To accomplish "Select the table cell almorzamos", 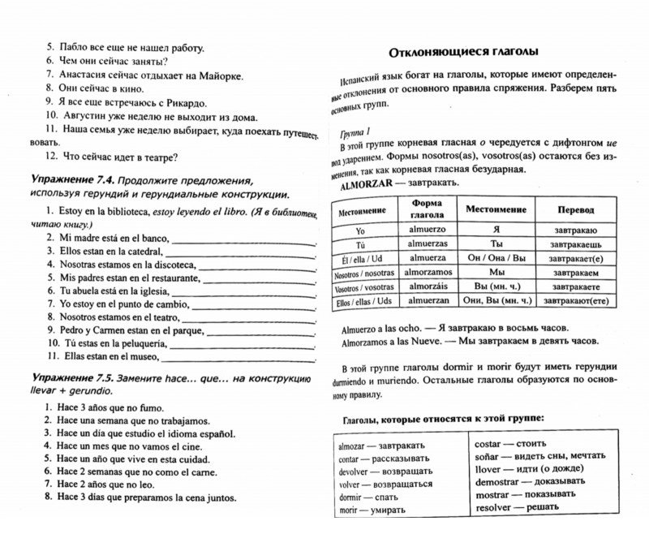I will [428, 273].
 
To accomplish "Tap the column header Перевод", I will [575, 209].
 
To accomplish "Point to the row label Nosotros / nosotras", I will [363, 273].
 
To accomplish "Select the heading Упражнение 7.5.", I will [70, 378].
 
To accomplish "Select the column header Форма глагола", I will [428, 209].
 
